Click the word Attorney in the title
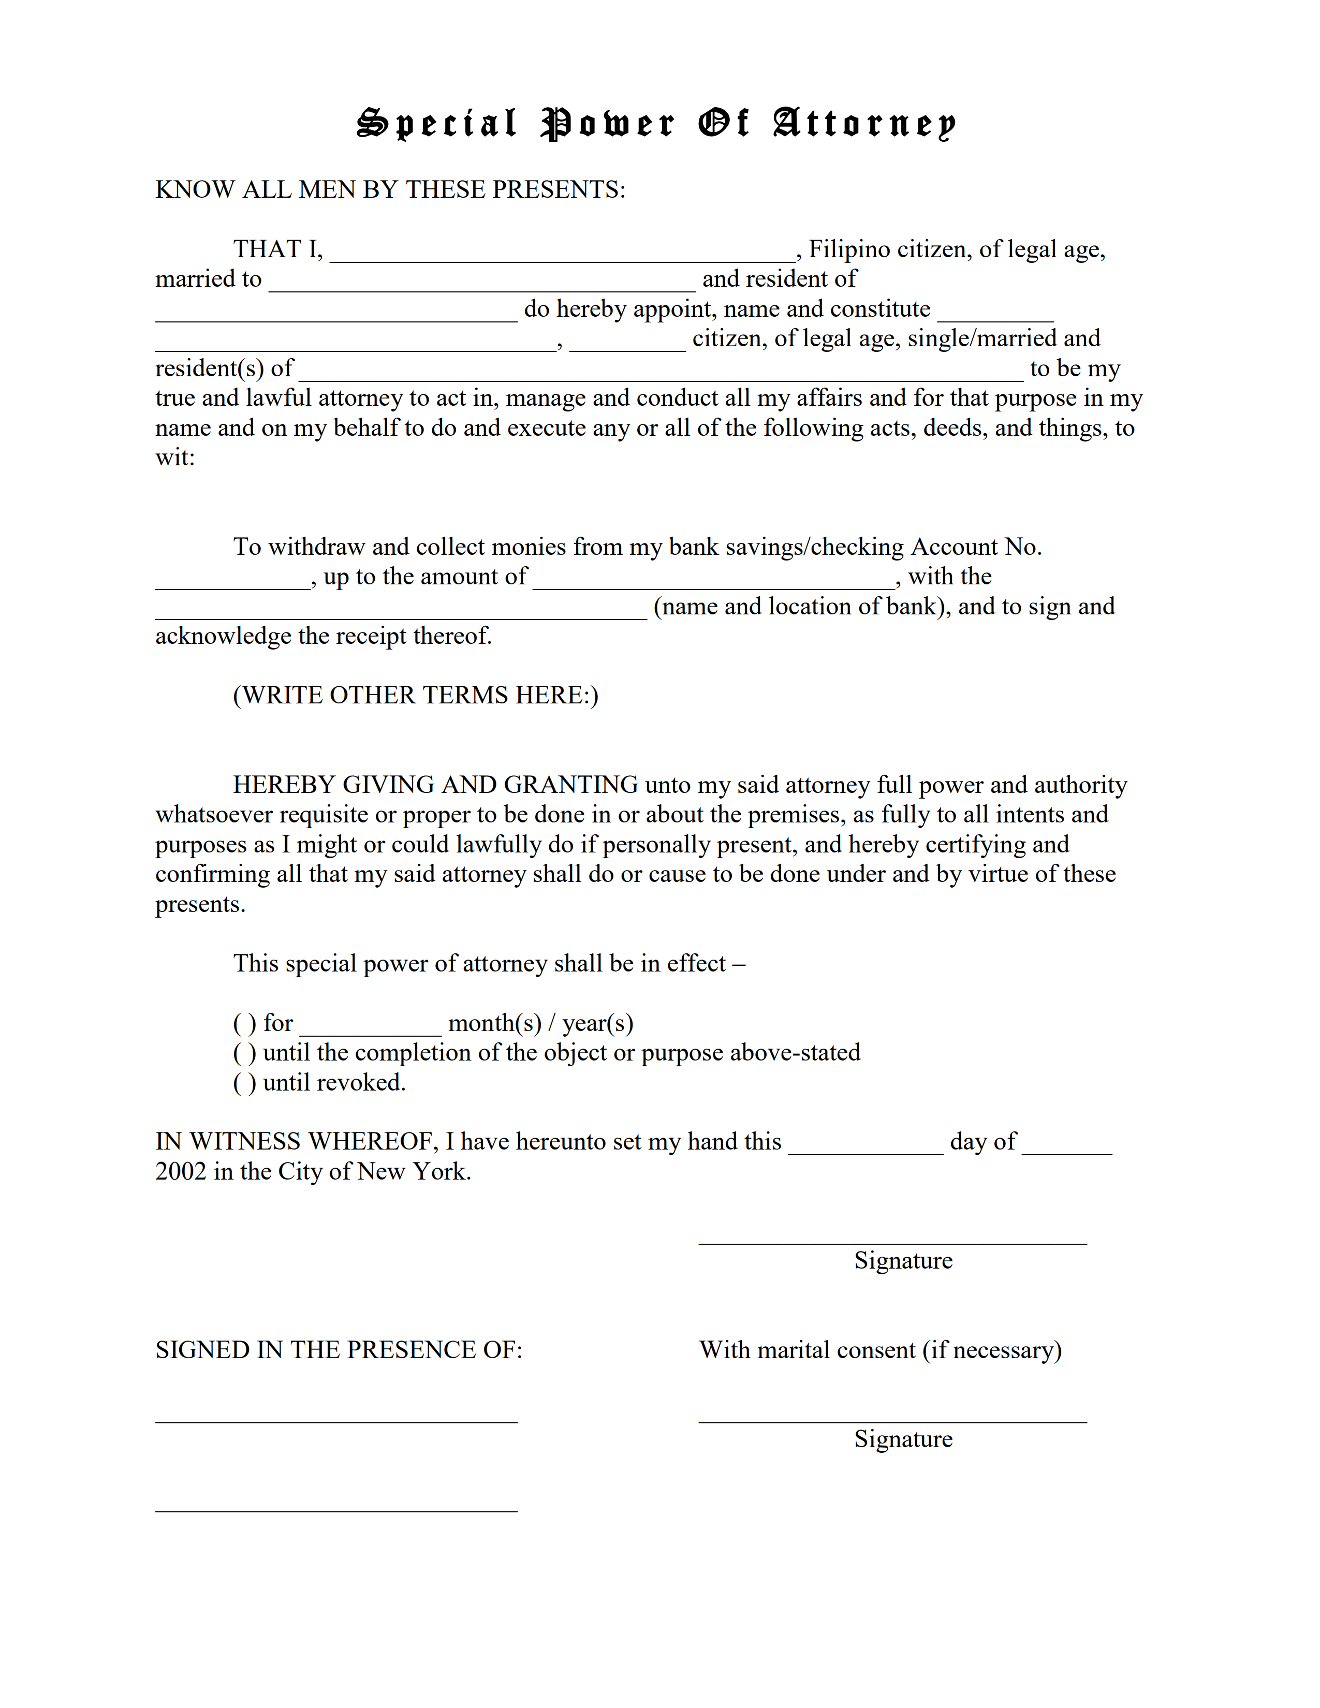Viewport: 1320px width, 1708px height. pos(864,124)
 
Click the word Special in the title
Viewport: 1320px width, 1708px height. pos(437,124)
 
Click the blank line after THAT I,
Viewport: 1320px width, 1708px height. pos(562,252)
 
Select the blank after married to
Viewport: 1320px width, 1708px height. pos(482,282)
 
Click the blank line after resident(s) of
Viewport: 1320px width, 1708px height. pos(661,371)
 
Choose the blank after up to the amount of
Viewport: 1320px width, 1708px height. pos(713,579)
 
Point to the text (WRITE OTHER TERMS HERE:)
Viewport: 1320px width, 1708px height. pos(415,695)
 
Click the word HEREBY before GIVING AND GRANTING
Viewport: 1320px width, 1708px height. pos(284,785)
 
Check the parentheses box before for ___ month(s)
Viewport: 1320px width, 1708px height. pos(244,1024)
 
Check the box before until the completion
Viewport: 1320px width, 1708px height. pos(244,1053)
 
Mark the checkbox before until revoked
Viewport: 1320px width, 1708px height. pos(244,1083)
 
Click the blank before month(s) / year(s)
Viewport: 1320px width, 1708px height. pos(371,1025)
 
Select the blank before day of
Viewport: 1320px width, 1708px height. pos(866,1144)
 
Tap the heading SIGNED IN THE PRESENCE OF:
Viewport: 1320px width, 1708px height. pos(339,1350)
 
